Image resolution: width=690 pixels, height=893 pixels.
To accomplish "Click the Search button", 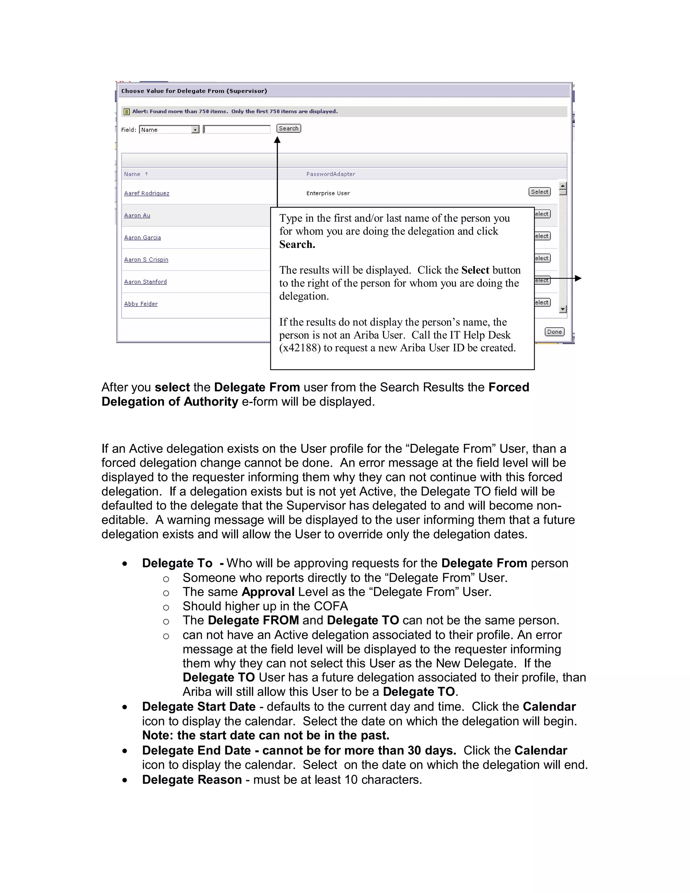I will [x=289, y=128].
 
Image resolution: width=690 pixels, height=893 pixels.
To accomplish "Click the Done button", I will [x=554, y=332].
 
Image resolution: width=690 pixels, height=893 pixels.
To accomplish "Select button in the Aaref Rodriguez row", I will [x=540, y=192].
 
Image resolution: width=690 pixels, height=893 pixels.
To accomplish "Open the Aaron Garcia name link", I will [x=142, y=238].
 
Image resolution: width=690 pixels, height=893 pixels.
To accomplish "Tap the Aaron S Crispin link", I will [x=146, y=259].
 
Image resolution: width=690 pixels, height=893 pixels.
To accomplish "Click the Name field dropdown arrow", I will [x=195, y=130].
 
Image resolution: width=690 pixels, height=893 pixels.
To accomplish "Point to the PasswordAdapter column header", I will [x=331, y=174].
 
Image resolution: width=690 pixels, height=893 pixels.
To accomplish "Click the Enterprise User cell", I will [x=328, y=193].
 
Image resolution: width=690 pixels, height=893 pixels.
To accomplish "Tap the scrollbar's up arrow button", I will [x=563, y=186].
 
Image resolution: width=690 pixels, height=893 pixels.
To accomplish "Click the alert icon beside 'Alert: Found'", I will [x=127, y=112].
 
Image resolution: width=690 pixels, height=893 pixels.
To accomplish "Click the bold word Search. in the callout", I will [x=297, y=245].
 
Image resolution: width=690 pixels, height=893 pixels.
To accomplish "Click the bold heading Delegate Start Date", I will [x=199, y=707].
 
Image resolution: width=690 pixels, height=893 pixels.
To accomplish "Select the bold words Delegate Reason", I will [x=192, y=779].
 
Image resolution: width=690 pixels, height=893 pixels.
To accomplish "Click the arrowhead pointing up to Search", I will [x=277, y=140].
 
